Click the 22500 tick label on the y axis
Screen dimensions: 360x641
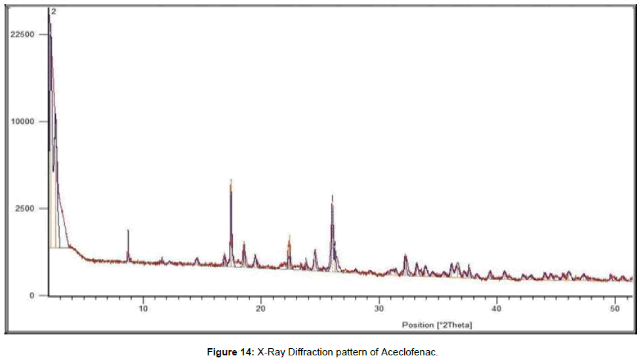[x=24, y=35]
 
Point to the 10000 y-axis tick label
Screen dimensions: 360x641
[x=24, y=122]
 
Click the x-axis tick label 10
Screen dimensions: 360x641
[x=144, y=308]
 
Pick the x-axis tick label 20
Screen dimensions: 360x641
[x=261, y=308]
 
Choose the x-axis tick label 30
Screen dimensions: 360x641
[x=379, y=308]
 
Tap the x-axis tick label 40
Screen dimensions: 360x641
[x=497, y=308]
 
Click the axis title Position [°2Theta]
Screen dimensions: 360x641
[x=437, y=325]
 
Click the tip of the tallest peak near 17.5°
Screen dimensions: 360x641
[x=231, y=180]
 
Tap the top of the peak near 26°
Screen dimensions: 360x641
[x=332, y=195]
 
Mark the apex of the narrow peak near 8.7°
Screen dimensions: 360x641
[x=128, y=230]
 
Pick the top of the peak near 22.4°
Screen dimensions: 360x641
[x=289, y=235]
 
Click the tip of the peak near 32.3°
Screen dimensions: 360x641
[x=405, y=255]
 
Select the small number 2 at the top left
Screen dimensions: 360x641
[x=54, y=12]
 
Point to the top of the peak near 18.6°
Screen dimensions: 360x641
[x=244, y=242]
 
